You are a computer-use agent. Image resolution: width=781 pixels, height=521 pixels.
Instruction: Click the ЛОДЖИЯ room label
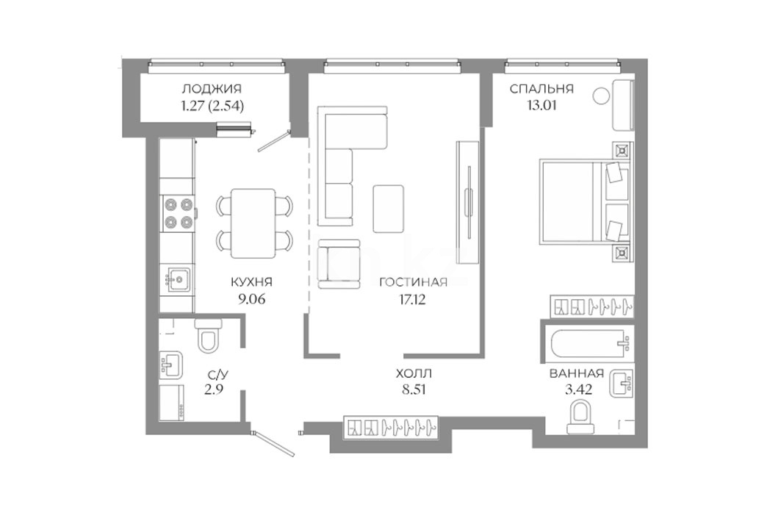click(x=212, y=89)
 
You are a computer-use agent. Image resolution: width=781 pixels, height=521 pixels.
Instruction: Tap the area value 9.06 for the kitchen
click(x=252, y=299)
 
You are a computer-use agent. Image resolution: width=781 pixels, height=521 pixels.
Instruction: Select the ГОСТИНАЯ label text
click(x=414, y=282)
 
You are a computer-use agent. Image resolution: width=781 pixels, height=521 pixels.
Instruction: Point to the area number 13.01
click(x=539, y=106)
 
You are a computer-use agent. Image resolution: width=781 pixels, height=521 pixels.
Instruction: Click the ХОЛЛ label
click(x=414, y=373)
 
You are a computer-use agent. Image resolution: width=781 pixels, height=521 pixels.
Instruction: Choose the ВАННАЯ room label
click(x=577, y=373)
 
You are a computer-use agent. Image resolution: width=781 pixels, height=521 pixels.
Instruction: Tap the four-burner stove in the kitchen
click(x=179, y=212)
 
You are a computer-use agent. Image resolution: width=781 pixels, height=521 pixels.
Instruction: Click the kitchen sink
click(x=177, y=280)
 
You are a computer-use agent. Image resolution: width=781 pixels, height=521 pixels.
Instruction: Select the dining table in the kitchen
click(x=253, y=223)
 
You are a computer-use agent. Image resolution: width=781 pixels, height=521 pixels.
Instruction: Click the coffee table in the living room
click(x=389, y=208)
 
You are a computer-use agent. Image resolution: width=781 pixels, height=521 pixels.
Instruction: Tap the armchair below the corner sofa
click(x=339, y=264)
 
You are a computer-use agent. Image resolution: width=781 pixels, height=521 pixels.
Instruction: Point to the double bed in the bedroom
click(x=586, y=200)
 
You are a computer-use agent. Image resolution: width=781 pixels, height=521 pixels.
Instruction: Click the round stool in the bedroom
click(x=601, y=95)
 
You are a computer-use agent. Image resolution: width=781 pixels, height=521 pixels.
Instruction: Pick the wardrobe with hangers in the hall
click(x=391, y=427)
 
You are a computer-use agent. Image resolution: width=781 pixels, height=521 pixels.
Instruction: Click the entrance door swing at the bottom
click(x=274, y=443)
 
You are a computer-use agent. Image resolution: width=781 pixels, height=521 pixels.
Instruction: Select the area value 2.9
click(x=214, y=389)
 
